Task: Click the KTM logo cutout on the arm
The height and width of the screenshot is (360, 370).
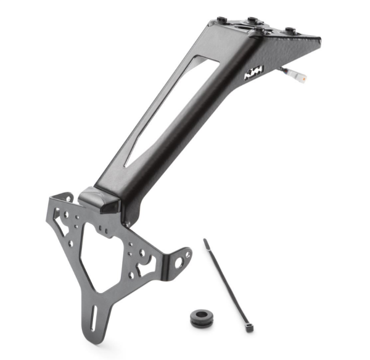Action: (x=254, y=73)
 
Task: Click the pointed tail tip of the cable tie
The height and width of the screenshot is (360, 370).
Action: (x=205, y=241)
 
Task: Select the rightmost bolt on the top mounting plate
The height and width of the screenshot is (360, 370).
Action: (x=287, y=30)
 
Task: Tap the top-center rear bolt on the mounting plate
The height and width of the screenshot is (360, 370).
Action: (x=252, y=20)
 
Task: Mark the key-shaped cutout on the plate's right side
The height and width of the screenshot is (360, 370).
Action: (x=146, y=264)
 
